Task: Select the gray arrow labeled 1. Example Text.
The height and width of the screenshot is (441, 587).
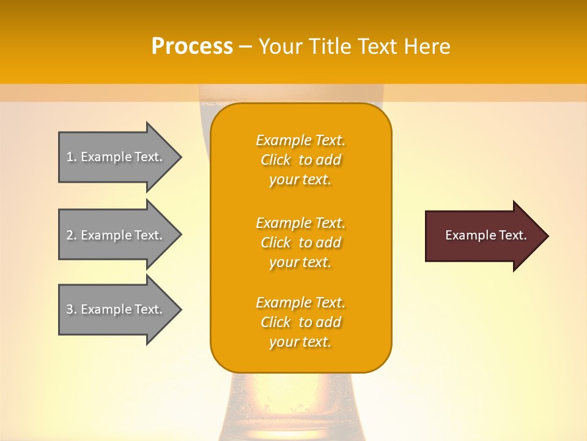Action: pos(116,157)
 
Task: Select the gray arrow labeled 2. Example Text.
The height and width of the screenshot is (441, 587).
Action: pos(116,235)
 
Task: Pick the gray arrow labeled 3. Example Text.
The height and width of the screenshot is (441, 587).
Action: pos(116,309)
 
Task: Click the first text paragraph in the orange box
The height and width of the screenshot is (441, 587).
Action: pos(301,160)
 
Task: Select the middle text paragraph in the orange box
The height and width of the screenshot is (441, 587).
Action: pos(301,243)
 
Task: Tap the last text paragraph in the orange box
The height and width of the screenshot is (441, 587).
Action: pos(301,322)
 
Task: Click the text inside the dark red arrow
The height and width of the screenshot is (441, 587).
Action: pos(485,235)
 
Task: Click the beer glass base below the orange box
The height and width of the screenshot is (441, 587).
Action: pos(301,404)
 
